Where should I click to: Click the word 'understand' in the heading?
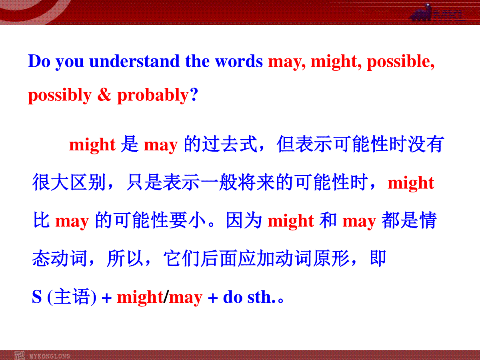(x=134, y=61)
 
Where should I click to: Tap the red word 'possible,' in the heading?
(x=401, y=62)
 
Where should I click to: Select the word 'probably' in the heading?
(x=153, y=96)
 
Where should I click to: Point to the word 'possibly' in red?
(x=60, y=96)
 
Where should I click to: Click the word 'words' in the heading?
(x=239, y=61)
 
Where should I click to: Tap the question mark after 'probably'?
(x=194, y=94)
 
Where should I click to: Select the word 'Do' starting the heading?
(x=39, y=61)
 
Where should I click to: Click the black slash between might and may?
(x=166, y=297)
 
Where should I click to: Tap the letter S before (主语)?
(x=37, y=297)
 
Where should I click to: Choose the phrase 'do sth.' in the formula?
(x=249, y=297)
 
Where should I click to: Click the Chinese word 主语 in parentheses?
(x=72, y=297)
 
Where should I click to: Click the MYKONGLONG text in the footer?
(x=50, y=356)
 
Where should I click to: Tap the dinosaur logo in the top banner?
(x=421, y=13)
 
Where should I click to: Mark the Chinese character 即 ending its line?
(x=378, y=258)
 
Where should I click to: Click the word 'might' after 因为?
(x=291, y=221)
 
